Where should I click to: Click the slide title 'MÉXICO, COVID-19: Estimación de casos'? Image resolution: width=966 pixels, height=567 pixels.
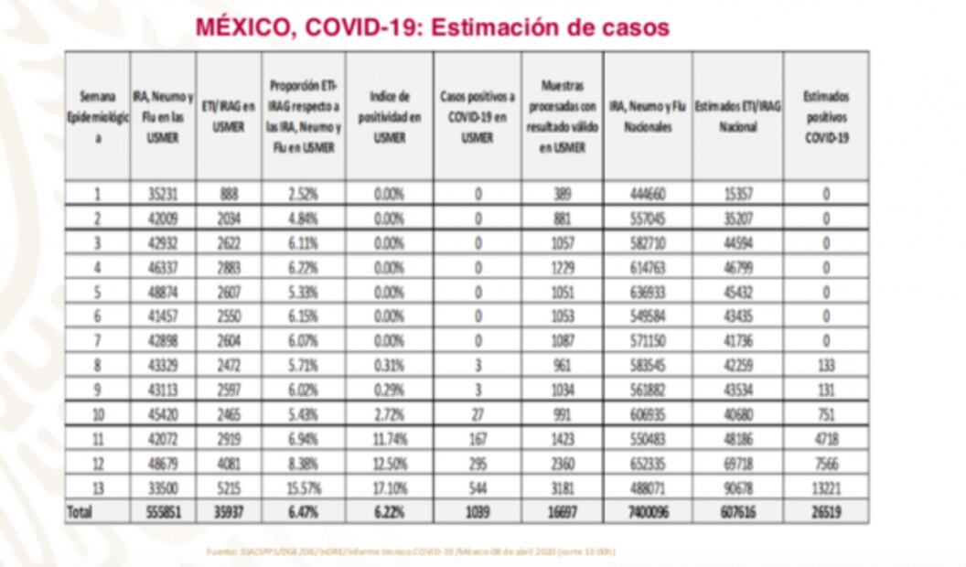point(432,27)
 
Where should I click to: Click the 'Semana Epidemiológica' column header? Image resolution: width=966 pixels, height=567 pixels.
point(98,116)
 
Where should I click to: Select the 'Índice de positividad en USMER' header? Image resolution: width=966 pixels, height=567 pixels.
point(389,116)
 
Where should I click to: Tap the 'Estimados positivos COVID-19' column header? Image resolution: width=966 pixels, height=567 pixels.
point(825,116)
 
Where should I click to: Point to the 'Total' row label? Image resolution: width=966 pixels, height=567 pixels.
point(80,513)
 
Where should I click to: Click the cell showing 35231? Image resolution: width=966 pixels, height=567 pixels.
point(162,194)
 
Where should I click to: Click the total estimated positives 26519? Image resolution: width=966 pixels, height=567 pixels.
point(825,513)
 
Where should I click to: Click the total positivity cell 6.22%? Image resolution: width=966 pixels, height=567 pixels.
point(389,513)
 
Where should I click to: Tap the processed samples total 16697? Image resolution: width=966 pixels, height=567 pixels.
point(562,513)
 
